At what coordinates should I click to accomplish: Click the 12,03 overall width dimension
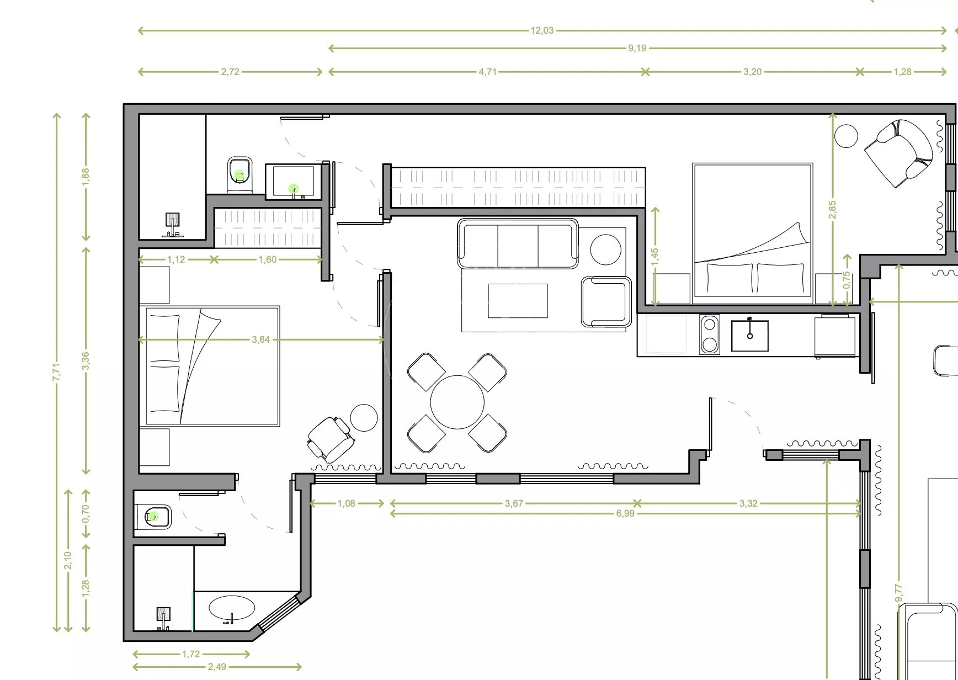tap(542, 31)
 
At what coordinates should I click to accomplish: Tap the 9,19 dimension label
tap(637, 49)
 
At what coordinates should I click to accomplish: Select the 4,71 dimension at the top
tap(487, 72)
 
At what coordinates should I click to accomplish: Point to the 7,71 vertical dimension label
tap(56, 371)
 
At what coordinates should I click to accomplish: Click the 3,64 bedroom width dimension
tap(260, 340)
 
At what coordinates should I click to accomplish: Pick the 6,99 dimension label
tap(625, 514)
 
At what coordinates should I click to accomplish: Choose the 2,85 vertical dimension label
tap(833, 209)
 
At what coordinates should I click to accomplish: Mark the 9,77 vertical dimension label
tap(899, 593)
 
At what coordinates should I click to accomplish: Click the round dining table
tap(457, 402)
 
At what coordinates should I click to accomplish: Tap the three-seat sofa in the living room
tap(518, 243)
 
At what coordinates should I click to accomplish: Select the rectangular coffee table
tap(518, 301)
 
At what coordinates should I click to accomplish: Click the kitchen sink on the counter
tap(749, 335)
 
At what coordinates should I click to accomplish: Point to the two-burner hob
tap(709, 334)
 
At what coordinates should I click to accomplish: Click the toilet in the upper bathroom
tap(239, 175)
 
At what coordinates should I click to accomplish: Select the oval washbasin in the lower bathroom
tap(232, 608)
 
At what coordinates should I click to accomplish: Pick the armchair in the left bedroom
tap(330, 439)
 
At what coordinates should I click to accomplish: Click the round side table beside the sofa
tap(605, 249)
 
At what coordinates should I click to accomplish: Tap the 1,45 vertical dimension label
tap(655, 257)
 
